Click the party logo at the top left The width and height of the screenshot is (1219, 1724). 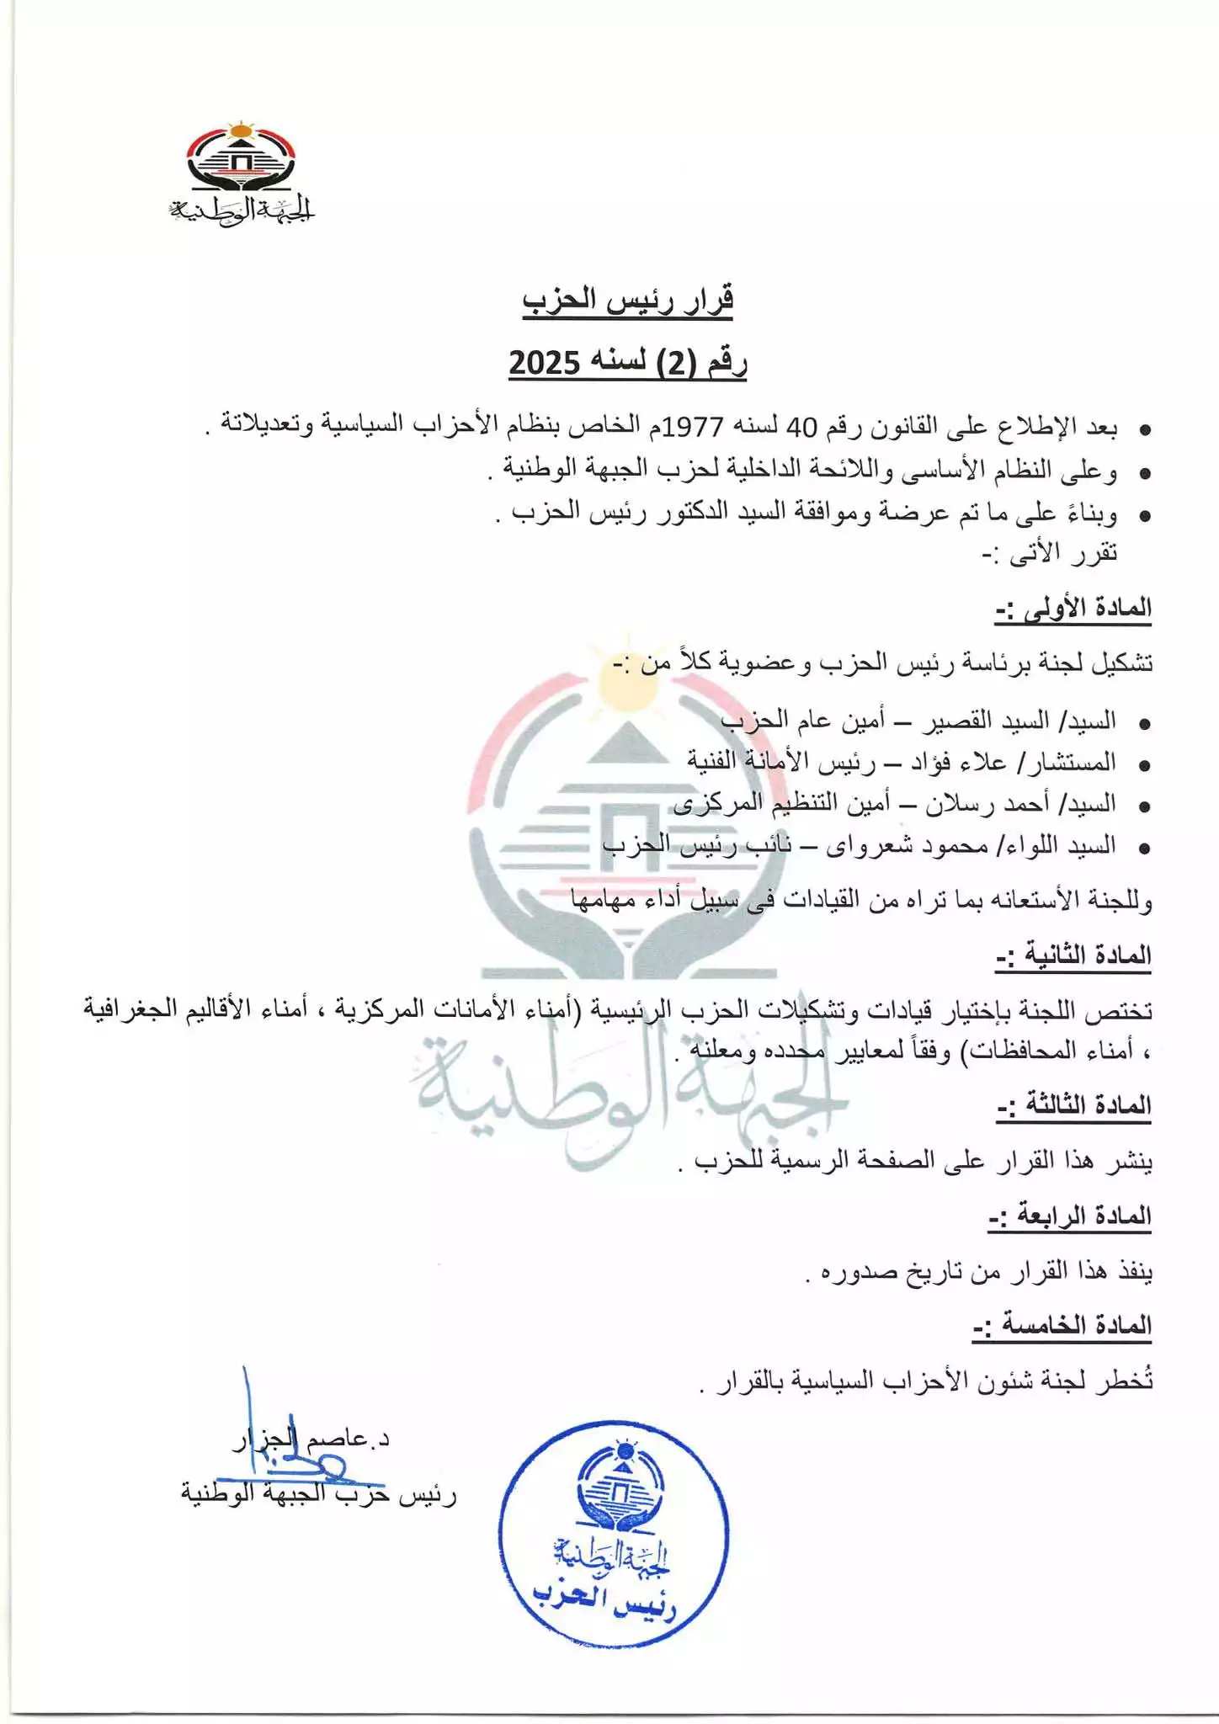[241, 173]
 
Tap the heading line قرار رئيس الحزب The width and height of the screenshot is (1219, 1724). [627, 300]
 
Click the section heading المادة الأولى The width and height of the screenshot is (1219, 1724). [1073, 608]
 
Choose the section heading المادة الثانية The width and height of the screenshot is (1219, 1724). [1073, 955]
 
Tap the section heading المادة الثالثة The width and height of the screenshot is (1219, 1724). [1073, 1105]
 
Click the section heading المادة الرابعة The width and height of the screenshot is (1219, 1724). [1070, 1216]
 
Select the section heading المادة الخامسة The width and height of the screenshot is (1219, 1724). [1062, 1326]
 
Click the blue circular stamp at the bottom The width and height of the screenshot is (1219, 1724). [613, 1533]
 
